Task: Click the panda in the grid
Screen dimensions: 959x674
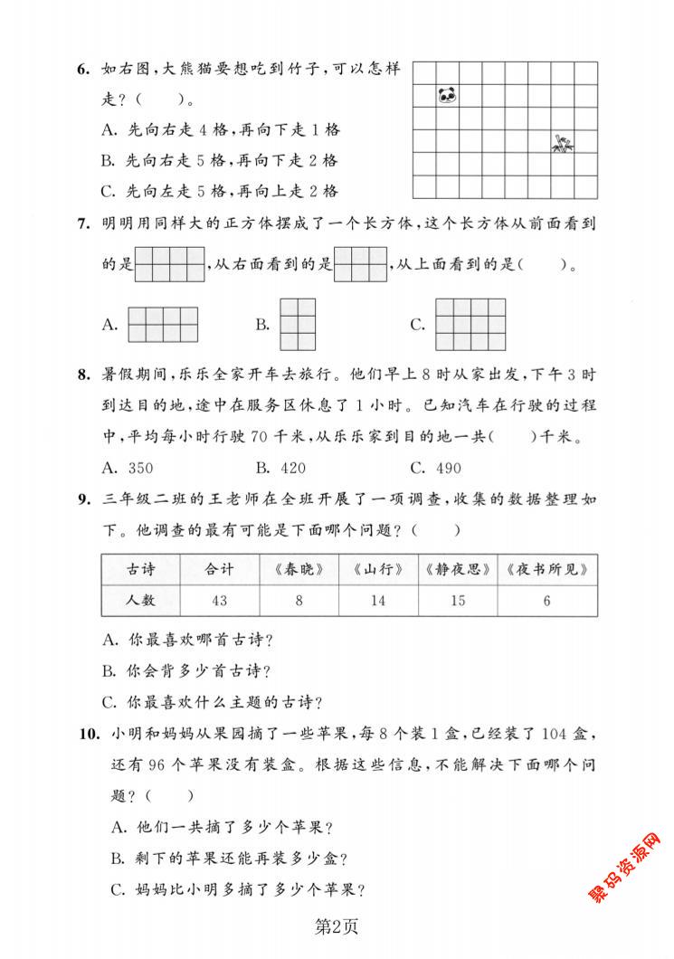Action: tap(447, 94)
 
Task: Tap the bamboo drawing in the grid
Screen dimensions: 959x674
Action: tap(564, 142)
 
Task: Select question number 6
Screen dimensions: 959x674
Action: tap(82, 70)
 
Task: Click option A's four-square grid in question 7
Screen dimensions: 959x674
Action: tap(163, 324)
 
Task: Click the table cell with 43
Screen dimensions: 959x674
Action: tap(219, 601)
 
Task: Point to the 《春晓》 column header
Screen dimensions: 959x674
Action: tap(299, 569)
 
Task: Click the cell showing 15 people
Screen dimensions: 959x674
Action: tap(457, 601)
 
